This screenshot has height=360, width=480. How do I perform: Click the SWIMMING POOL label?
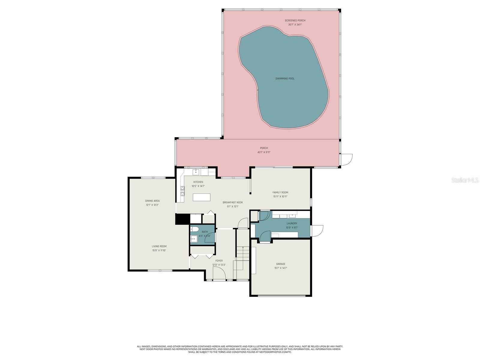click(285, 79)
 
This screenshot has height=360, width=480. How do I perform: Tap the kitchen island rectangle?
click(201, 197)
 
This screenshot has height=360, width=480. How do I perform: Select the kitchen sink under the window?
click(196, 172)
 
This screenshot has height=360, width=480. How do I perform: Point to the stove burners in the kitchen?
click(182, 191)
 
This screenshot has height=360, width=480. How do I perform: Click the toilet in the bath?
click(194, 230)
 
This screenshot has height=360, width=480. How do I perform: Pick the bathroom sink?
click(193, 239)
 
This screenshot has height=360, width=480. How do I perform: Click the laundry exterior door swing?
click(317, 231)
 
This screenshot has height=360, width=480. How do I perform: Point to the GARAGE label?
click(280, 264)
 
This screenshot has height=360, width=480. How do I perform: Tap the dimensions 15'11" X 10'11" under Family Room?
click(280, 196)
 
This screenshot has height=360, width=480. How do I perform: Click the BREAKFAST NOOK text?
click(232, 202)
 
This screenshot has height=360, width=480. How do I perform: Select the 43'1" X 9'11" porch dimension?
click(264, 152)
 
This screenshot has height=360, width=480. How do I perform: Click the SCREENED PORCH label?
click(295, 20)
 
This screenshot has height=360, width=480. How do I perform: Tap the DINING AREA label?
click(152, 201)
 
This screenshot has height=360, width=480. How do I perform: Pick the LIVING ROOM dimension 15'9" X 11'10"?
click(159, 250)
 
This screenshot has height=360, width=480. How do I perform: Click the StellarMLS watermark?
click(467, 180)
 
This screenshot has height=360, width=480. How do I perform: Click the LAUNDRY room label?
click(292, 223)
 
